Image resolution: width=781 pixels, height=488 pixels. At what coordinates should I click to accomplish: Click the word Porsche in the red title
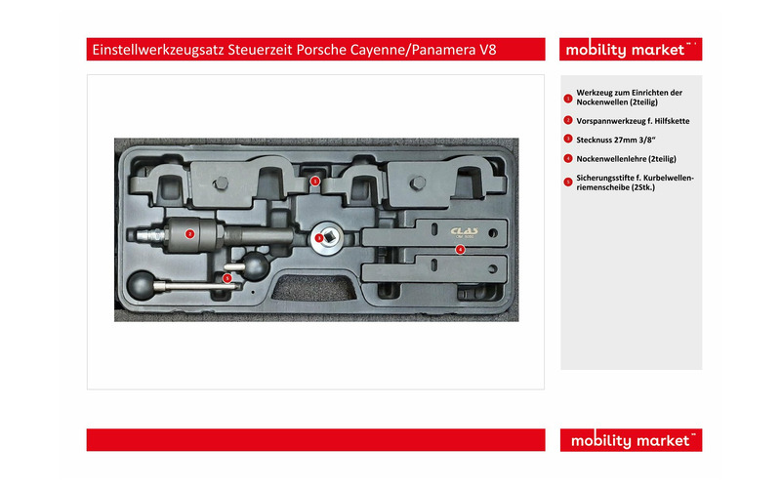pyautogui.click(x=321, y=50)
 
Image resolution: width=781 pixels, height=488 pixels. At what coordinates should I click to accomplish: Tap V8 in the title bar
pyautogui.click(x=488, y=50)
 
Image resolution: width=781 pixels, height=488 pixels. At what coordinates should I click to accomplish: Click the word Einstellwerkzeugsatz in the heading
pyautogui.click(x=158, y=51)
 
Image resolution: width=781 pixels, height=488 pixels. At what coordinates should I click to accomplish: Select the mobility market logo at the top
pyautogui.click(x=631, y=50)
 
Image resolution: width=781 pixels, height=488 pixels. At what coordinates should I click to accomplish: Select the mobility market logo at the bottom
pyautogui.click(x=631, y=440)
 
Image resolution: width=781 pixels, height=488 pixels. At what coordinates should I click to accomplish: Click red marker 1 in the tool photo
pyautogui.click(x=314, y=182)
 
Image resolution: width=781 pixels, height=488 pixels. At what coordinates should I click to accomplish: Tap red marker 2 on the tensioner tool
pyautogui.click(x=189, y=233)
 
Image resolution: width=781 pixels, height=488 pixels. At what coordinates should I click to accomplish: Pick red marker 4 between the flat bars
pyautogui.click(x=460, y=249)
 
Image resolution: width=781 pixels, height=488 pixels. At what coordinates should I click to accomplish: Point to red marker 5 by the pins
pyautogui.click(x=227, y=278)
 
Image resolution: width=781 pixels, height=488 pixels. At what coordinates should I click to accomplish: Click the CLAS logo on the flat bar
pyautogui.click(x=465, y=231)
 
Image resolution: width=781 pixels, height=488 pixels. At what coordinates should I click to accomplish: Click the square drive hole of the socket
pyautogui.click(x=328, y=237)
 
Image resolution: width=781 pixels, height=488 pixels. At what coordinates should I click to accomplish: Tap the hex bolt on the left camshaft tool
pyautogui.click(x=222, y=183)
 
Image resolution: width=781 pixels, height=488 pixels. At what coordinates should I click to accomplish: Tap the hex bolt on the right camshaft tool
pyautogui.click(x=418, y=183)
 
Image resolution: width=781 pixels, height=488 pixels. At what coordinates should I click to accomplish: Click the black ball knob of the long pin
pyautogui.click(x=142, y=285)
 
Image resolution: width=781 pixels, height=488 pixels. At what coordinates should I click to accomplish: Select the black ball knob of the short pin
pyautogui.click(x=256, y=265)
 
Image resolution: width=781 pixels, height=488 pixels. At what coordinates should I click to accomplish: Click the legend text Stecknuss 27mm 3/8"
pyautogui.click(x=616, y=140)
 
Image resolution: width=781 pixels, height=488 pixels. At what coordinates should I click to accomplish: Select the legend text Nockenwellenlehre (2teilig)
pyautogui.click(x=626, y=159)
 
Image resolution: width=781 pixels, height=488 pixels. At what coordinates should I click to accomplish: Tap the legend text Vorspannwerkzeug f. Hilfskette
pyautogui.click(x=633, y=121)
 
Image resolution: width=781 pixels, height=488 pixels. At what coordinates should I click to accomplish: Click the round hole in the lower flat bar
pyautogui.click(x=493, y=269)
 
